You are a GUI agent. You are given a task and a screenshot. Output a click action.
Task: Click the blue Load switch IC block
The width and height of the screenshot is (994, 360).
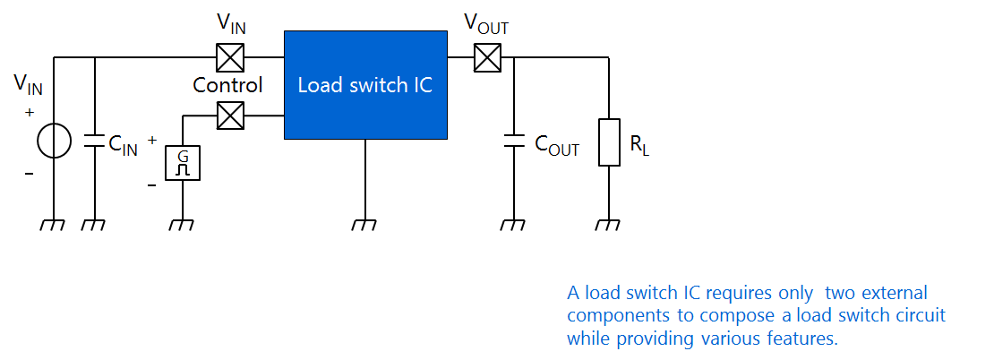(365, 85)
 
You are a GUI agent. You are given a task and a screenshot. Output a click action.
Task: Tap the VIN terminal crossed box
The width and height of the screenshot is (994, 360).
(231, 58)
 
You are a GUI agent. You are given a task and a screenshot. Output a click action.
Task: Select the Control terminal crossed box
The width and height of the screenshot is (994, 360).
(231, 116)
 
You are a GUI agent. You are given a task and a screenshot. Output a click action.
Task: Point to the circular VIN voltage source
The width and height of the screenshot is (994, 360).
(54, 141)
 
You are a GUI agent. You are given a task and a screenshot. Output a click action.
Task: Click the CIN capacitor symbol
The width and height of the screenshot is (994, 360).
(94, 141)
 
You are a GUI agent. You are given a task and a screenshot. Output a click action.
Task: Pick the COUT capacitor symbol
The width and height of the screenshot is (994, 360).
(514, 141)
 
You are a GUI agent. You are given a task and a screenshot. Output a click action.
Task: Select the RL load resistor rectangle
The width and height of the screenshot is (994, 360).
(609, 141)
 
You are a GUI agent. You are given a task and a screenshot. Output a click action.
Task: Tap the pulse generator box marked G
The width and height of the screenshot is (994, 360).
(183, 162)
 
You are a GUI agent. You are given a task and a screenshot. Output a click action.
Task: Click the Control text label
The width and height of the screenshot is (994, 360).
(227, 85)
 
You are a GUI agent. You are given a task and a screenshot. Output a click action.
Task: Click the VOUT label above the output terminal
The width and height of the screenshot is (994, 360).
(486, 25)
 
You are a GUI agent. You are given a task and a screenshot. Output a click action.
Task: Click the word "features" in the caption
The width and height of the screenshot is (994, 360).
(805, 339)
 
